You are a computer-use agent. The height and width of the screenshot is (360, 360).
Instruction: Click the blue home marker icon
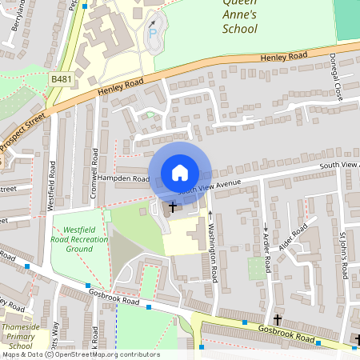click(180, 172)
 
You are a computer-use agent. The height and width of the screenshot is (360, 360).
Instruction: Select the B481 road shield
click(60, 79)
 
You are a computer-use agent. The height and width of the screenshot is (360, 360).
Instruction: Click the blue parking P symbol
click(153, 31)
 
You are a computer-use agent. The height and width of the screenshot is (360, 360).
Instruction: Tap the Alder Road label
click(293, 239)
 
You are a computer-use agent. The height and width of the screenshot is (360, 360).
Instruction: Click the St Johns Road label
click(343, 255)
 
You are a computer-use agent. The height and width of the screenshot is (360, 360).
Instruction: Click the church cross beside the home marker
click(171, 207)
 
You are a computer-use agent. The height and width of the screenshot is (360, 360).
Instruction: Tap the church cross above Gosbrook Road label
click(278, 319)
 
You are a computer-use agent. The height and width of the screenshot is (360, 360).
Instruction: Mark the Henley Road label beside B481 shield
click(120, 87)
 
